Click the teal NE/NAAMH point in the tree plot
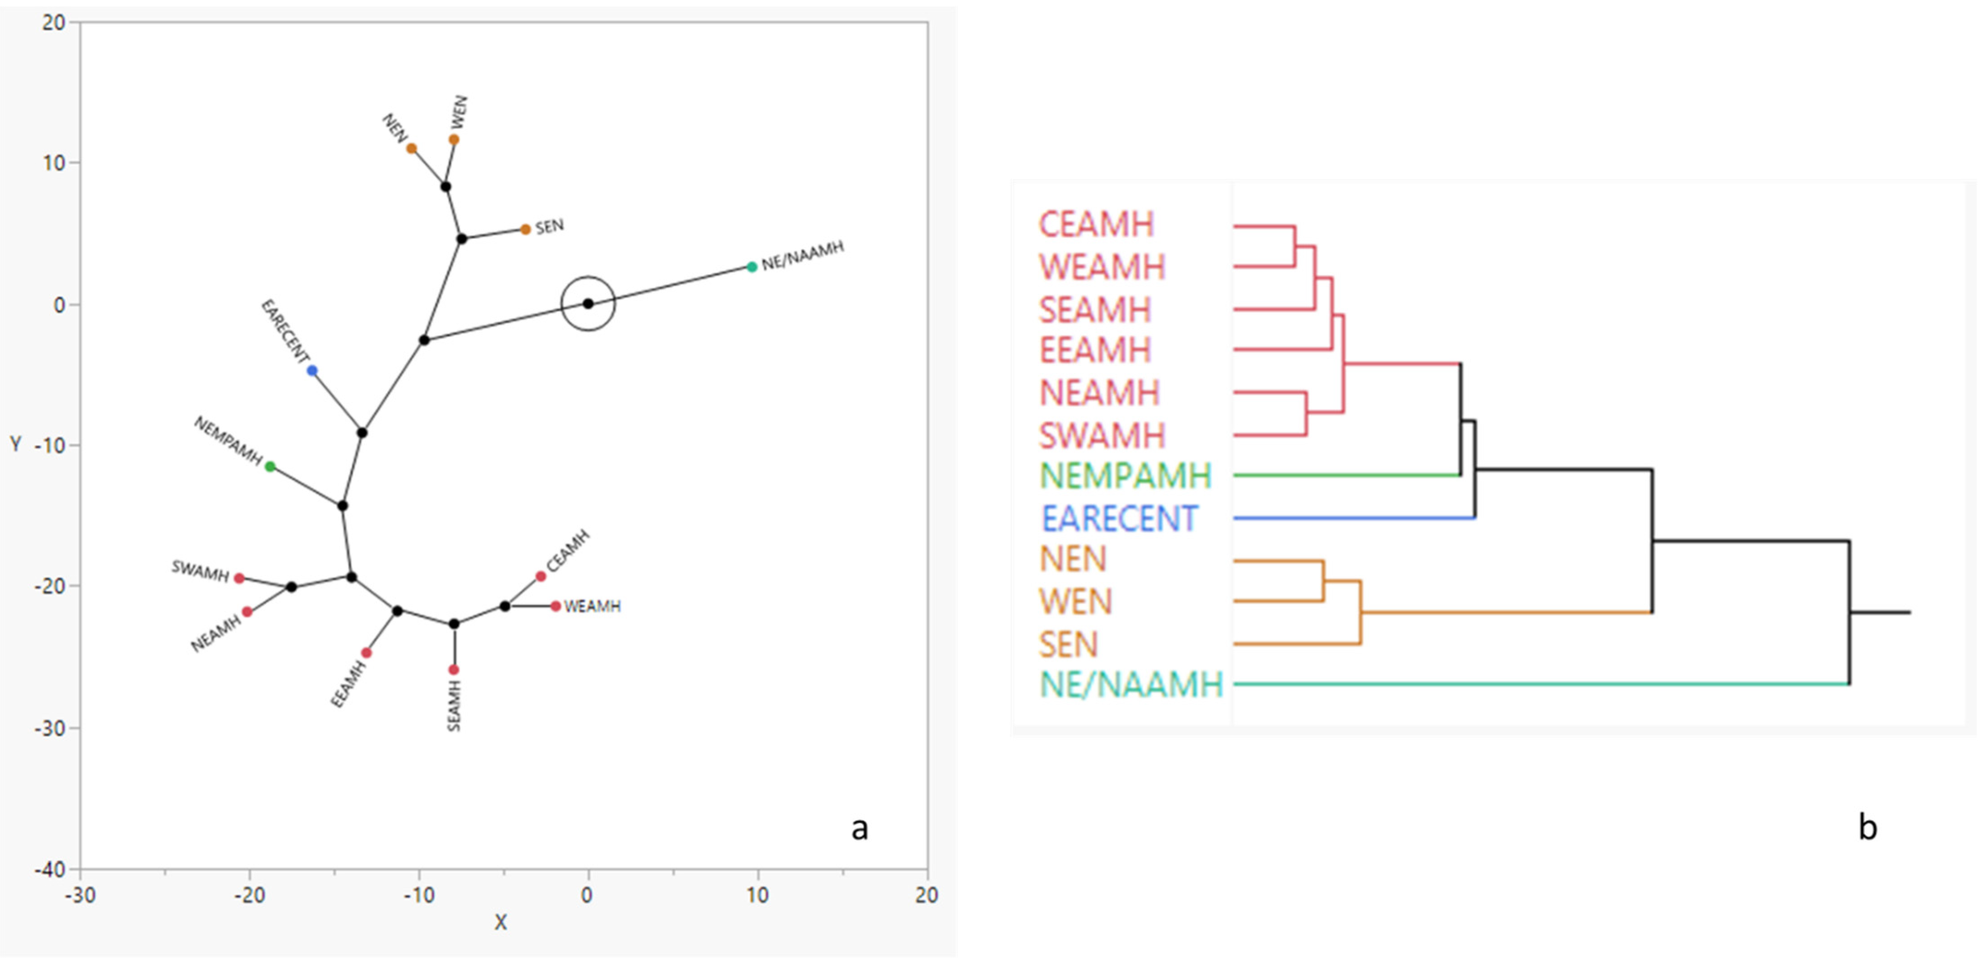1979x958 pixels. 752,266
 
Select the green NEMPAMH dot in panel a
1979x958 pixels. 270,466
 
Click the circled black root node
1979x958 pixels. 588,303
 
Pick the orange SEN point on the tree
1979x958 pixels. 525,229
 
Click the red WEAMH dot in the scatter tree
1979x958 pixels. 556,606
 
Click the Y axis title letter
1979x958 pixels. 15,444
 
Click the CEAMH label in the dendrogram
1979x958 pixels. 1096,225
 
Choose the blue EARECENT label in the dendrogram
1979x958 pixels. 1119,518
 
